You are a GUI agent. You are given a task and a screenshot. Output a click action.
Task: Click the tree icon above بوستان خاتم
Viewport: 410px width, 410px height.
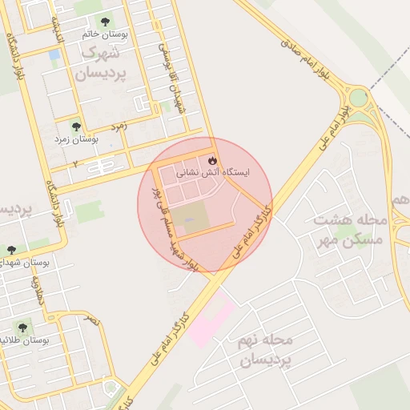point(105,22)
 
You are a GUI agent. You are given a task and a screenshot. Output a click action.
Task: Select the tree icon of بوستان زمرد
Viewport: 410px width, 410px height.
point(76,127)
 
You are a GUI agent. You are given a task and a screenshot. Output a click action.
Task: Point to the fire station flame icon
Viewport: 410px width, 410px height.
point(212,158)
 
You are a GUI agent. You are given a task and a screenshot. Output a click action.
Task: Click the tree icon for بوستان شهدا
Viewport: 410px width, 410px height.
point(11,251)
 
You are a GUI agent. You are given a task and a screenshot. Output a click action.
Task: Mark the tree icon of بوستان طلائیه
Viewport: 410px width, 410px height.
point(22,328)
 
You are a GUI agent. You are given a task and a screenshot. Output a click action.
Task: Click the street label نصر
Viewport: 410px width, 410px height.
point(93,319)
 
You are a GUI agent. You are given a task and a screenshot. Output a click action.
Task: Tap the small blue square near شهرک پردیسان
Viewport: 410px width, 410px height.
point(54,55)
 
